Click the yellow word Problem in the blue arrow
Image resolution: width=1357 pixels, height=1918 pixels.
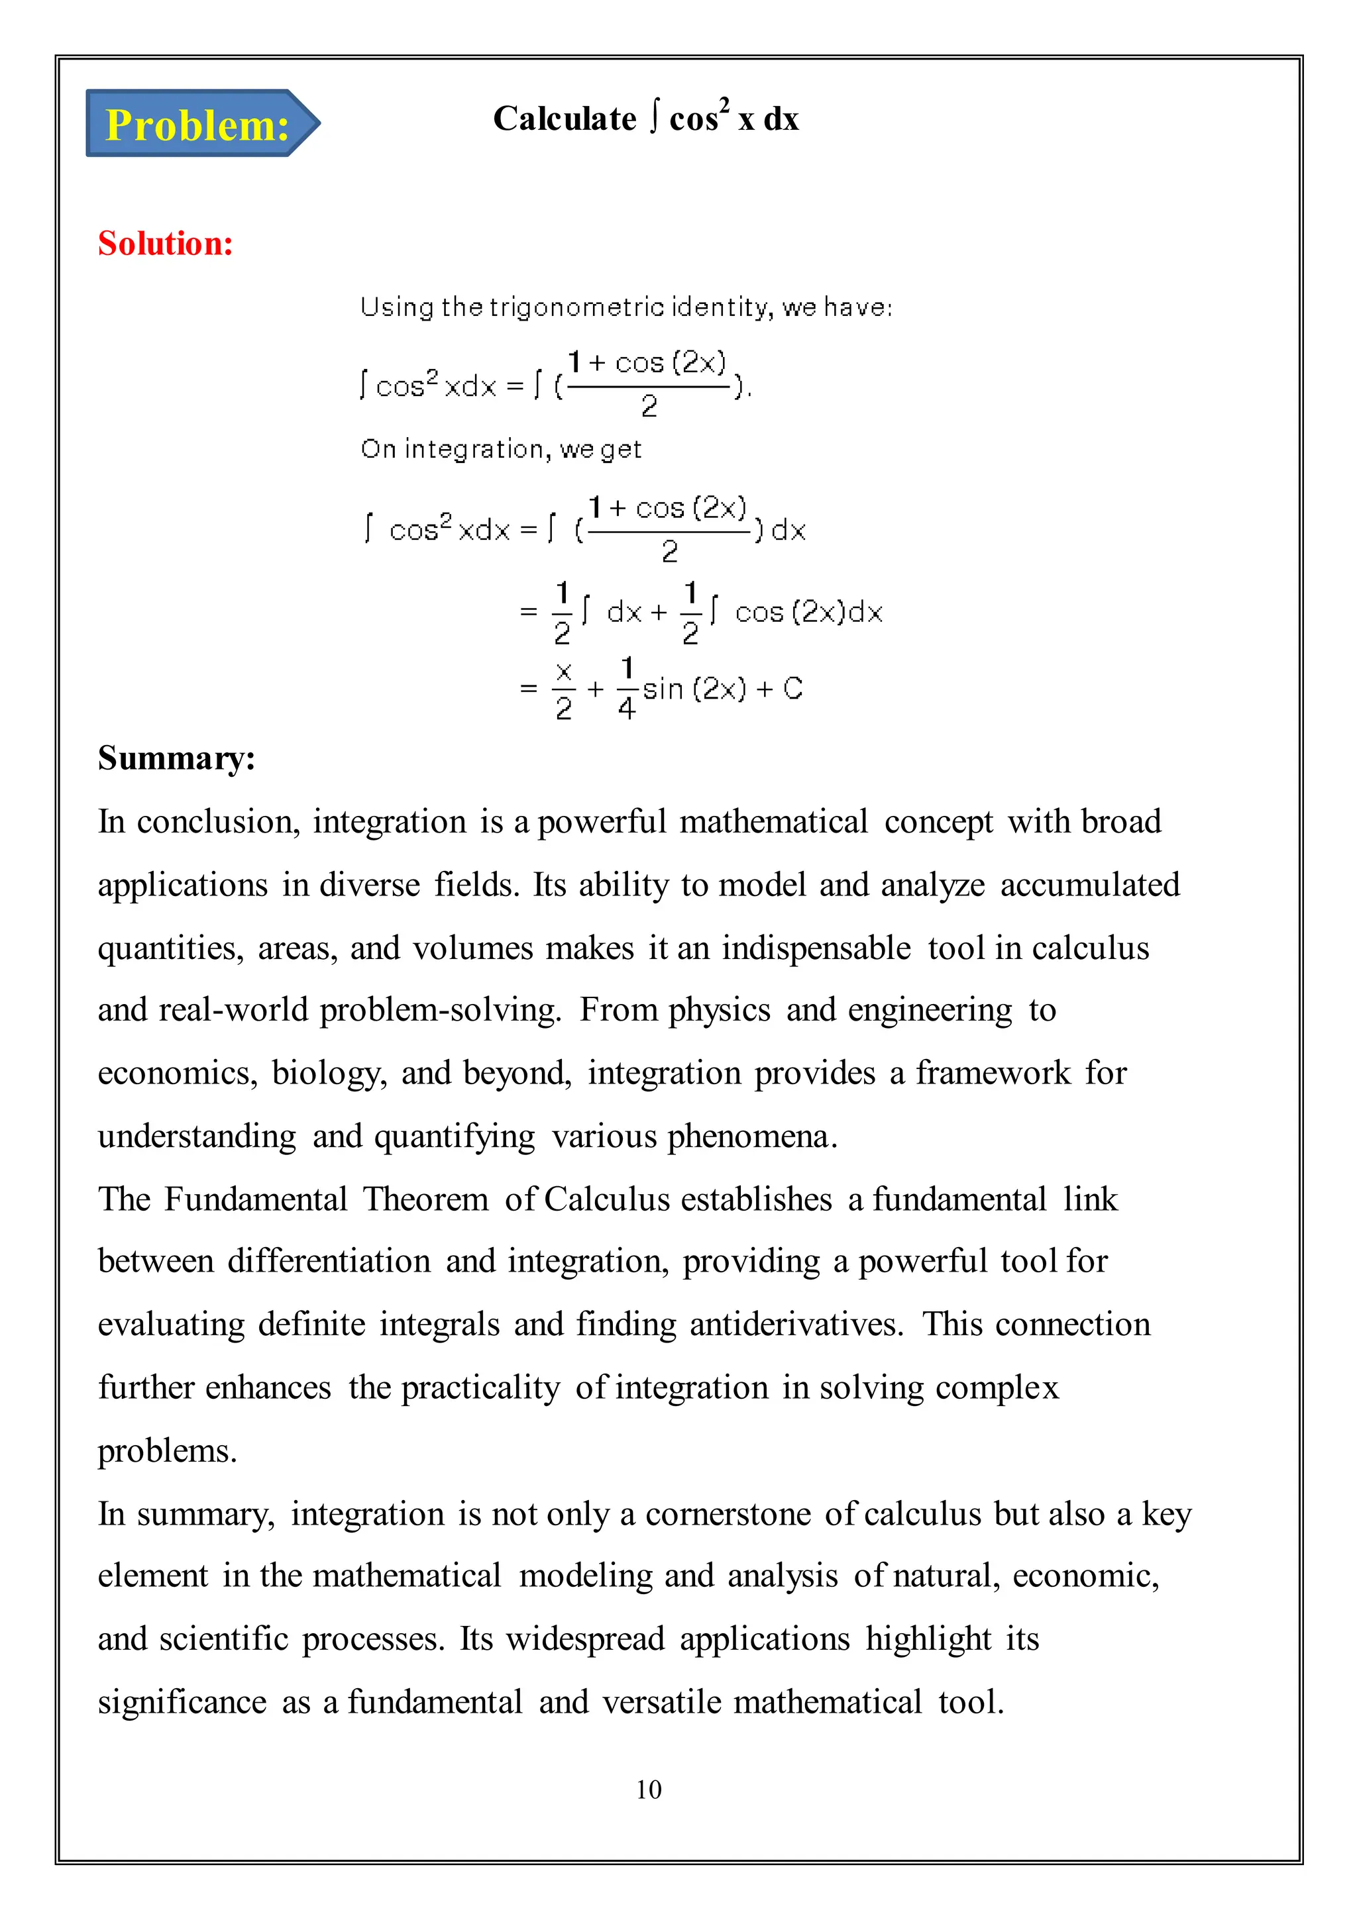coord(197,125)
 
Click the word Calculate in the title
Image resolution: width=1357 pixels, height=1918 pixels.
coord(564,119)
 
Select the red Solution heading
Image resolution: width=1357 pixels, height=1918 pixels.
coord(166,244)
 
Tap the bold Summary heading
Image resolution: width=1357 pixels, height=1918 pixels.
coord(176,758)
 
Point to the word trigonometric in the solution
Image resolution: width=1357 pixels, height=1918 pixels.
coord(577,307)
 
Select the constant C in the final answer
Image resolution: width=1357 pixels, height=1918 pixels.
coord(793,689)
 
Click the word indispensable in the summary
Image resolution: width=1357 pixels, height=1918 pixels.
coord(816,948)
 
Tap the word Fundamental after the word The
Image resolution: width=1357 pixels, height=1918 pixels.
coord(256,1199)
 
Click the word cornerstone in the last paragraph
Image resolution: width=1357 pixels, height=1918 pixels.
coord(728,1514)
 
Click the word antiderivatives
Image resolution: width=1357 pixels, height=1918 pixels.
coord(796,1325)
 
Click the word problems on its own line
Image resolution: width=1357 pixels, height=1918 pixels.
coord(167,1452)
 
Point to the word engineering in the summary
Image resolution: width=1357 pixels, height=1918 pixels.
coord(930,1011)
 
